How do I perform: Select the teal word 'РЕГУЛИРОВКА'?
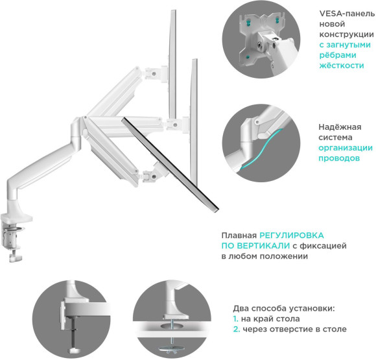292,236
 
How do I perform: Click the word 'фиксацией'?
327,246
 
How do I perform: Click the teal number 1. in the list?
235,319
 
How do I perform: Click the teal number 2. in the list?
236,330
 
